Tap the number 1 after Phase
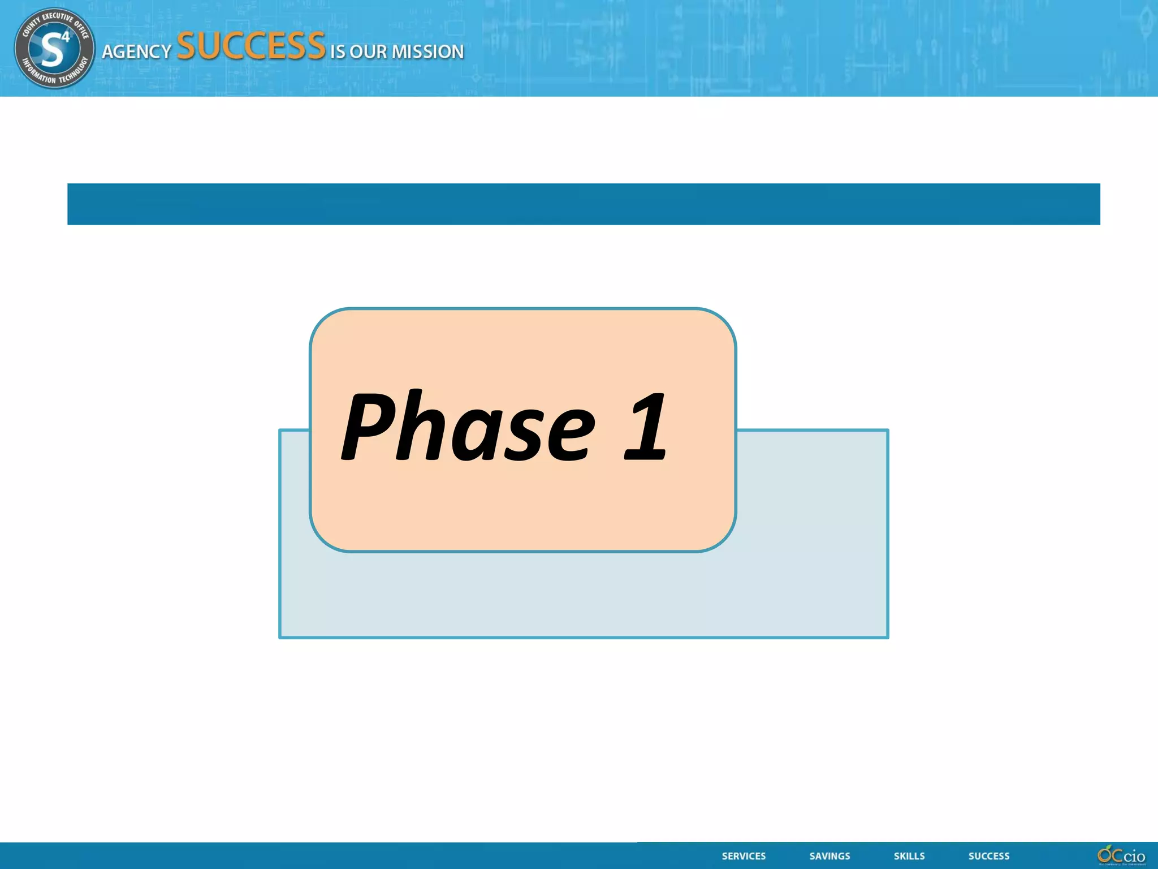[646, 425]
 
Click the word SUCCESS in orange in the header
[251, 46]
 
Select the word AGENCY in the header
[136, 52]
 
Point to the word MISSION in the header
[427, 52]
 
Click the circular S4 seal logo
[54, 48]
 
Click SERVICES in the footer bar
[744, 856]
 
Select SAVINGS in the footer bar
[829, 856]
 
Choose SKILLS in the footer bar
[909, 856]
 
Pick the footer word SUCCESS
[988, 856]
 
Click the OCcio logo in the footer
[1121, 855]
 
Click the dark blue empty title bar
[584, 204]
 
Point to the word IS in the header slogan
[338, 52]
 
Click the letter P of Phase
[366, 425]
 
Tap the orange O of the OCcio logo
[1104, 854]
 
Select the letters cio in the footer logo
[1134, 856]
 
